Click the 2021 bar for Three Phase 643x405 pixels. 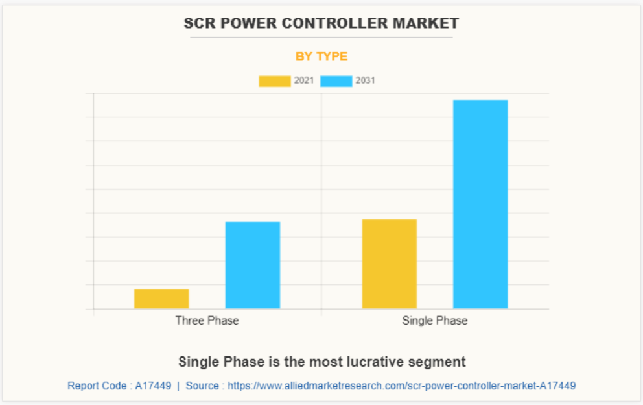[x=161, y=299]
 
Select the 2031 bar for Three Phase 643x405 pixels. [x=253, y=265]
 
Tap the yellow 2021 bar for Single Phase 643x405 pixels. [x=389, y=264]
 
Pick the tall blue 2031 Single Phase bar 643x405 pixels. [x=480, y=204]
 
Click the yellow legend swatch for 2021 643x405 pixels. [x=275, y=81]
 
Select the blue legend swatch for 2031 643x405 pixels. [x=336, y=81]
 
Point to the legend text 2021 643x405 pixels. [x=304, y=81]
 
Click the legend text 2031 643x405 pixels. [x=365, y=81]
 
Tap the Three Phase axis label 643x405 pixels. [x=207, y=321]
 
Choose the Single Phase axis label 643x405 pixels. [x=434, y=321]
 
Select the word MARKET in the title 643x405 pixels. [x=429, y=23]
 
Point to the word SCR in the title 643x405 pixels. [x=198, y=23]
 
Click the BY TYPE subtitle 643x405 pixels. [x=321, y=56]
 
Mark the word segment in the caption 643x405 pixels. [x=442, y=362]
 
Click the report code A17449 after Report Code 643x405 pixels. [x=153, y=386]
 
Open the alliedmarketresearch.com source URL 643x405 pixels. [x=401, y=386]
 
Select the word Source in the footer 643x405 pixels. [x=202, y=386]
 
